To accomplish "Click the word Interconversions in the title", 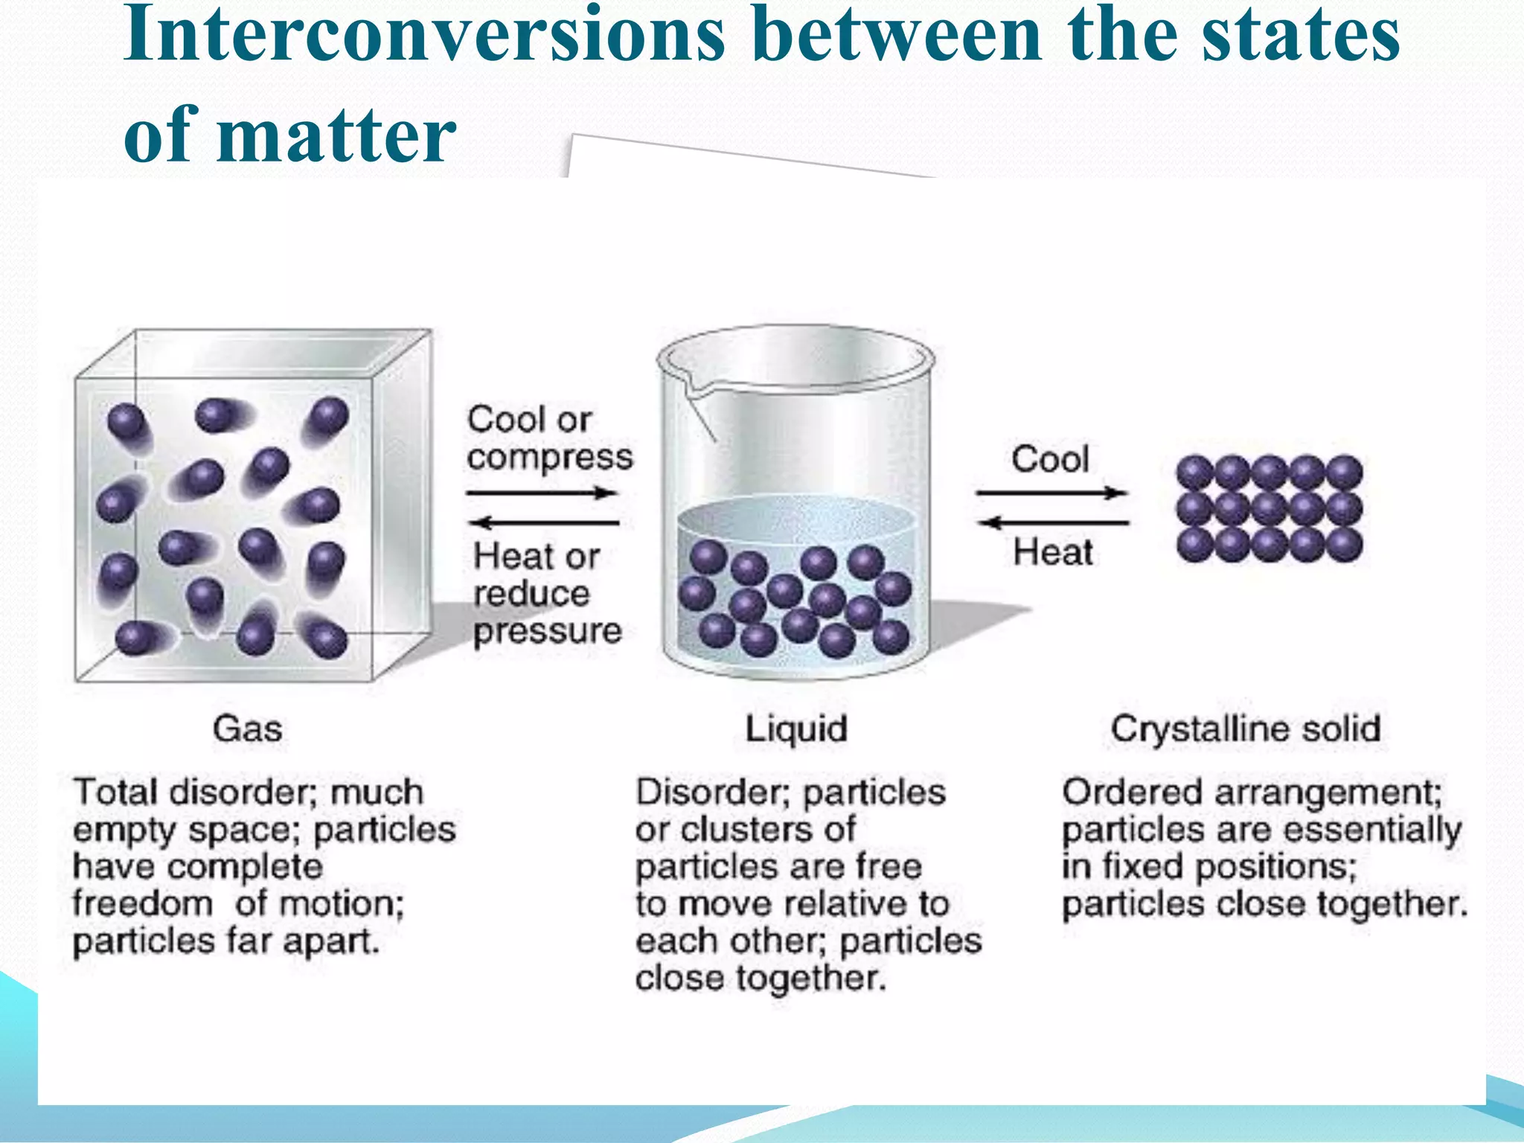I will click(x=424, y=36).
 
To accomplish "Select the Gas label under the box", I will click(x=247, y=729).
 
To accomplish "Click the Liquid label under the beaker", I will click(x=796, y=729).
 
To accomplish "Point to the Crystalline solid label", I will click(x=1246, y=729).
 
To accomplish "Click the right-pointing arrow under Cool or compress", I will click(x=542, y=493).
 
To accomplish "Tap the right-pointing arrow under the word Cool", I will click(x=1051, y=493).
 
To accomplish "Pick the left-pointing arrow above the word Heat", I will click(x=1053, y=522).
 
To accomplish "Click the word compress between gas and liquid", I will click(x=550, y=457).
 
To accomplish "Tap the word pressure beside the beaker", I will click(x=548, y=631).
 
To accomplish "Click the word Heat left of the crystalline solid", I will click(x=1053, y=553).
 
